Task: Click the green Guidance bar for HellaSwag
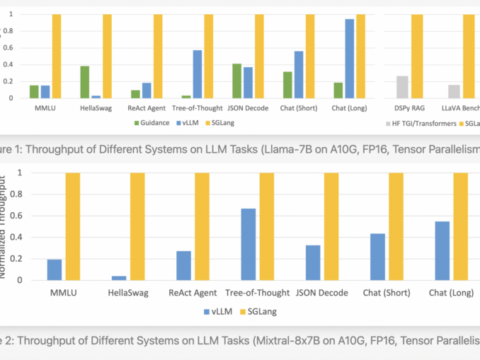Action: click(84, 82)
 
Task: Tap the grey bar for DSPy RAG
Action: click(401, 87)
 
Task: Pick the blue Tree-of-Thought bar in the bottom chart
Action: click(248, 244)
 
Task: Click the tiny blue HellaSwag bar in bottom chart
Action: click(119, 278)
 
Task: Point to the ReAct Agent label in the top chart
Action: click(146, 108)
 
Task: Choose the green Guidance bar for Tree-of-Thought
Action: click(185, 97)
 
